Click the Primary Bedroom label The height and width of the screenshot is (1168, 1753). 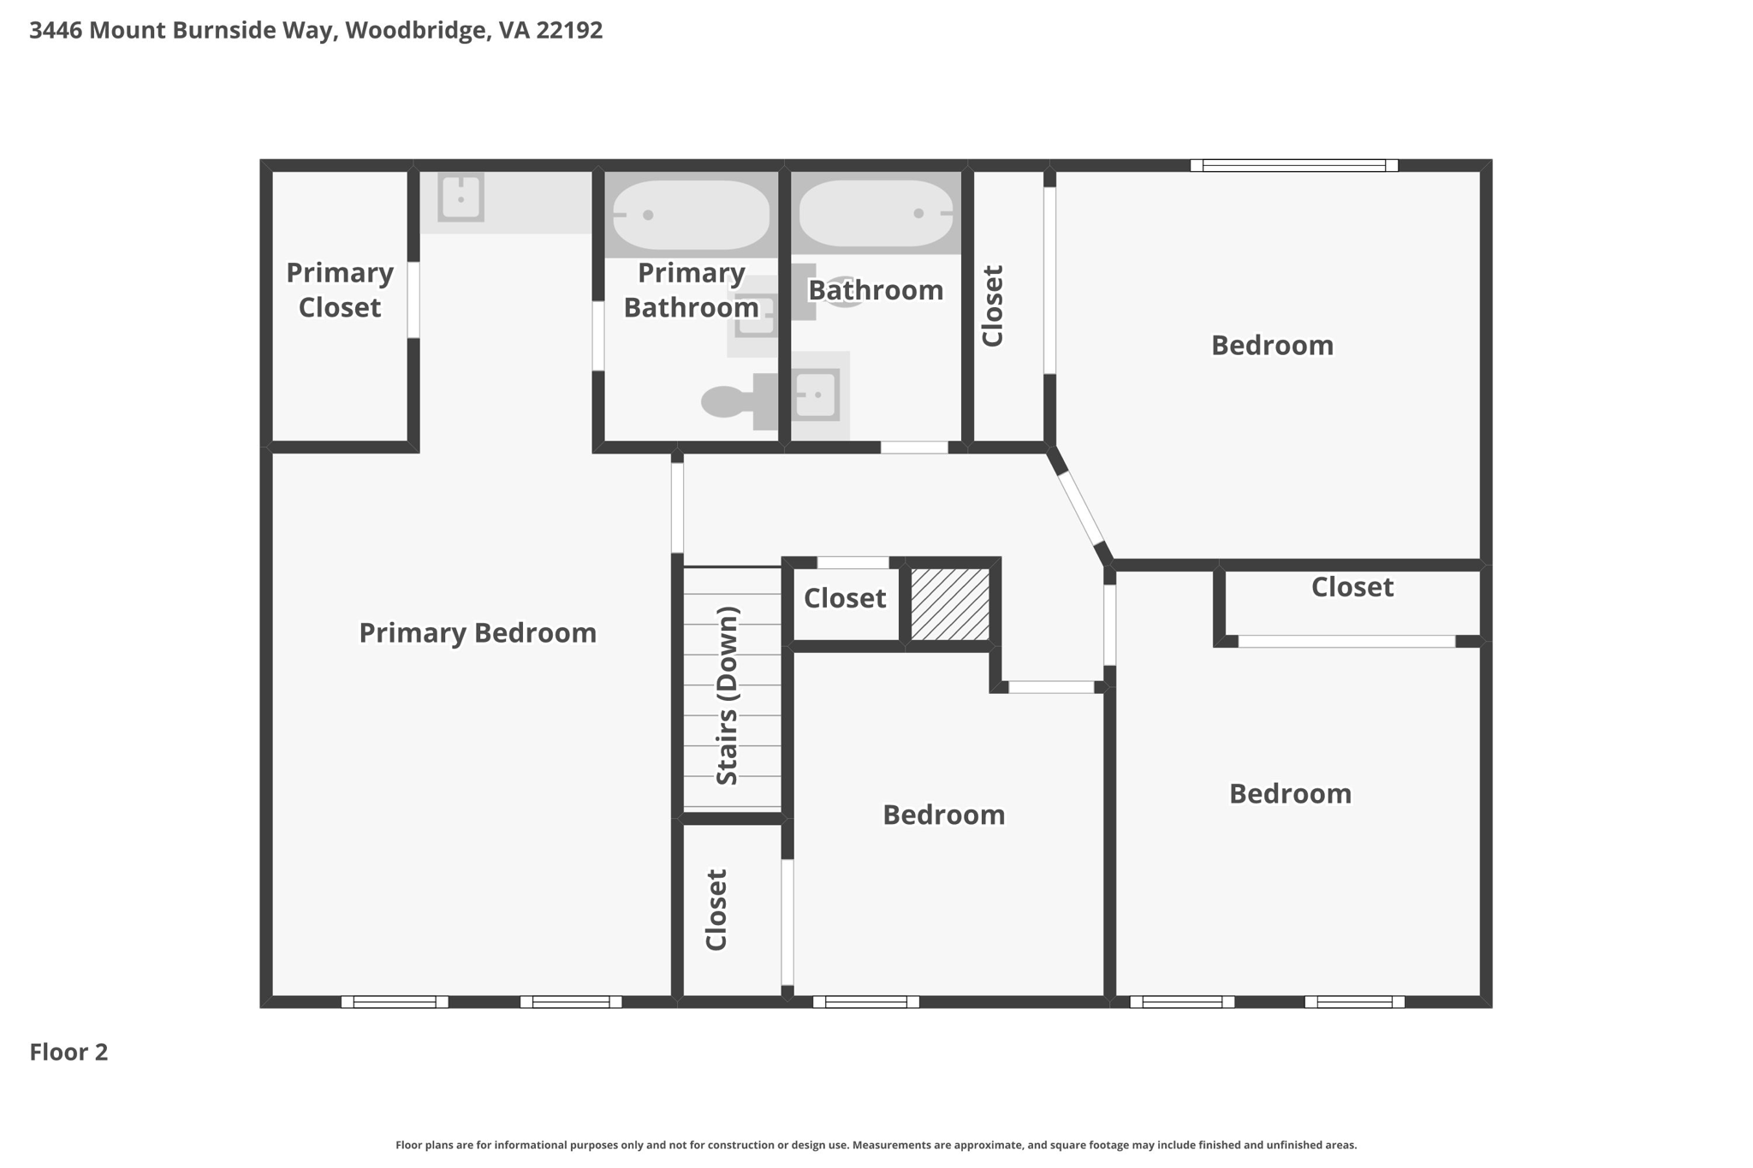[x=478, y=633]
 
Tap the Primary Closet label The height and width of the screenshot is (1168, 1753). [x=340, y=290]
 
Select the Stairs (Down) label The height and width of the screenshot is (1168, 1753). [x=727, y=696]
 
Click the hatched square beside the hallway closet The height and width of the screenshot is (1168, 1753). [x=950, y=604]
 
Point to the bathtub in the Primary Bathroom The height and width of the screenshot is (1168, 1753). [x=691, y=215]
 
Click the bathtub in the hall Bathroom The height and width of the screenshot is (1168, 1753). [x=876, y=213]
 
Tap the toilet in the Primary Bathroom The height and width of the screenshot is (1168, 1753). [x=739, y=401]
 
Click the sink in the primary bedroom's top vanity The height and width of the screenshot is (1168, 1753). [x=461, y=198]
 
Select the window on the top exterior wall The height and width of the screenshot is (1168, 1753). [x=1293, y=165]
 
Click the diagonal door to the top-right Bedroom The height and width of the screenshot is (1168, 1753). [x=1080, y=507]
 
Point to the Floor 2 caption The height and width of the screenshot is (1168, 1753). [x=68, y=1052]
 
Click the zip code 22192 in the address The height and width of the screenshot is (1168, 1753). [x=569, y=30]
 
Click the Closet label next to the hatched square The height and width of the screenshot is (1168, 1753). [x=845, y=598]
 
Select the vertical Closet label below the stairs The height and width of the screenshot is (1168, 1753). [x=716, y=910]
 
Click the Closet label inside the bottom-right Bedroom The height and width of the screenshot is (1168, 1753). [x=1352, y=587]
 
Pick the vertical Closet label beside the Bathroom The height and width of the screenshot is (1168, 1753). [x=992, y=305]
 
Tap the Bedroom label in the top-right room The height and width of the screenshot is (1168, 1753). [x=1272, y=346]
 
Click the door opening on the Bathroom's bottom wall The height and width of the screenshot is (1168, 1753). [x=914, y=448]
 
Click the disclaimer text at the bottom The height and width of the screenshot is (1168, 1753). [x=876, y=1145]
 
